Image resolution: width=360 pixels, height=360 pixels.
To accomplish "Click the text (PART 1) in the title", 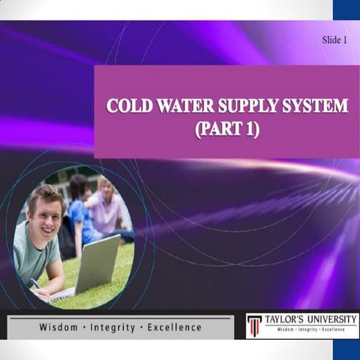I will [226, 129].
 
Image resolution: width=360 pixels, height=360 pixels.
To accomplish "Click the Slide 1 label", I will [334, 39].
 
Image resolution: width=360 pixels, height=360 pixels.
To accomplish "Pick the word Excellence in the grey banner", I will [175, 328].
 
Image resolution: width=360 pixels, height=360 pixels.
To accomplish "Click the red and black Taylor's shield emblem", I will [255, 325].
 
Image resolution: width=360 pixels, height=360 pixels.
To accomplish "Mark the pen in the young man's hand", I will [34, 283].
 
